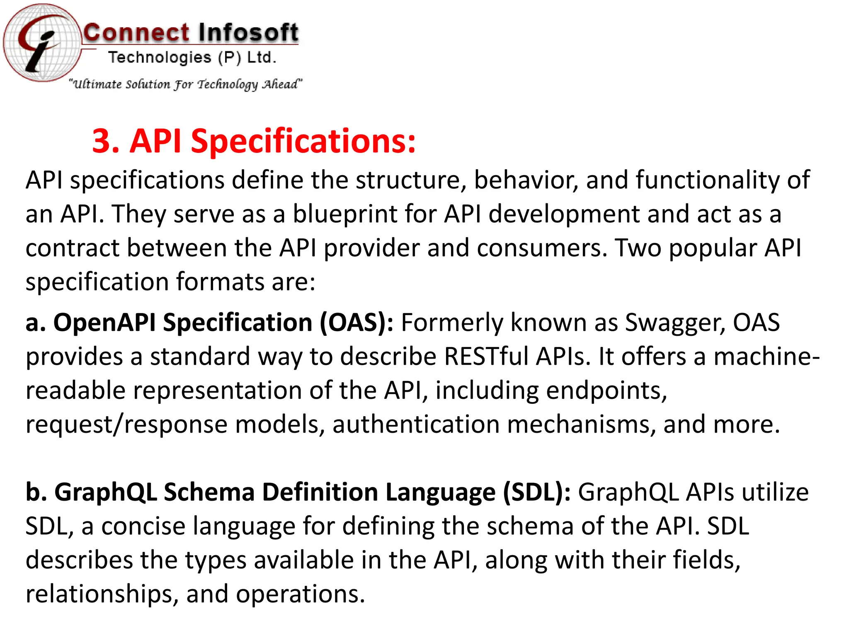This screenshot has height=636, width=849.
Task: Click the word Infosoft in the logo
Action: pos(247,33)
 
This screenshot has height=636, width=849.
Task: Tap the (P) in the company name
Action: pos(230,58)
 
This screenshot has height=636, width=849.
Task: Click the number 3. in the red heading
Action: pos(106,141)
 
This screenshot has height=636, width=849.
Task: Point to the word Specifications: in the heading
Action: pos(303,141)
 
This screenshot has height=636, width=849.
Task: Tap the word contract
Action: pos(72,248)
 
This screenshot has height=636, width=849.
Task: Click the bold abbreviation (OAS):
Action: pos(357,323)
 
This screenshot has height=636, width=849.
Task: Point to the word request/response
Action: pos(126,424)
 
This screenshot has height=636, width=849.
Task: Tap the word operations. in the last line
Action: pos(301,594)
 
